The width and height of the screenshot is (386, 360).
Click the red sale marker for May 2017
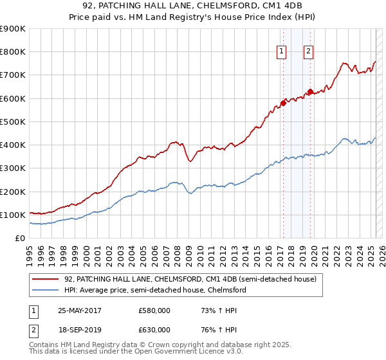pyautogui.click(x=283, y=103)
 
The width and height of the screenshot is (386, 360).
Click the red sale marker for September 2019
pyautogui.click(x=309, y=91)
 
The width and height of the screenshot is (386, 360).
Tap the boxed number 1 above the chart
pyautogui.click(x=282, y=52)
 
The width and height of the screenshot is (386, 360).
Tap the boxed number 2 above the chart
pyautogui.click(x=309, y=52)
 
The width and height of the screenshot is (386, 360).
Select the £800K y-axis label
pyautogui.click(x=13, y=52)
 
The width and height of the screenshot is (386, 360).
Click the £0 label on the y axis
pyautogui.click(x=19, y=238)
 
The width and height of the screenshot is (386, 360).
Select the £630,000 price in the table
pyautogui.click(x=154, y=330)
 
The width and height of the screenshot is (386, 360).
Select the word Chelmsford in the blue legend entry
pyautogui.click(x=227, y=290)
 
